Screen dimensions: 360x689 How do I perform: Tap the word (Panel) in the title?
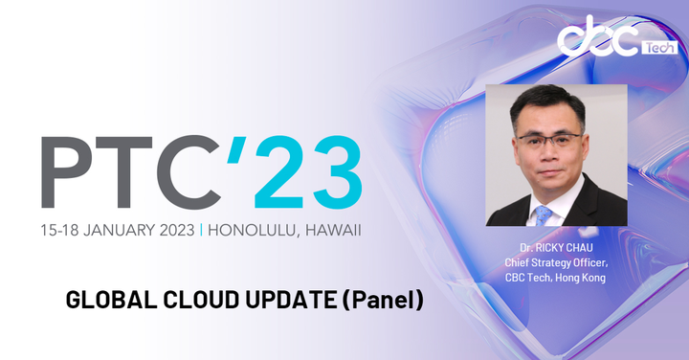point(383,300)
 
